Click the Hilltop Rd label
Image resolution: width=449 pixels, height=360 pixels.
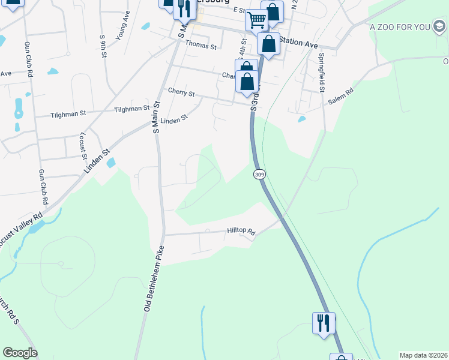[x=241, y=230]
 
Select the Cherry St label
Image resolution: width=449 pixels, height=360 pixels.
[x=182, y=94]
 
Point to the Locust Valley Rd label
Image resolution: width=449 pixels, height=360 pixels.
[x=20, y=229]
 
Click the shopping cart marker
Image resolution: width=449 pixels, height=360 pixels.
[x=256, y=20]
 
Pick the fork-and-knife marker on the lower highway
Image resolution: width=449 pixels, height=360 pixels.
[x=324, y=323]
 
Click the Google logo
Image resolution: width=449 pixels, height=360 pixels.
[x=20, y=353]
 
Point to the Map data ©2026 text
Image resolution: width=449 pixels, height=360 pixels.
[x=423, y=355]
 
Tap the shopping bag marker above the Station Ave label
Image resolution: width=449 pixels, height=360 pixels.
[x=272, y=11]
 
